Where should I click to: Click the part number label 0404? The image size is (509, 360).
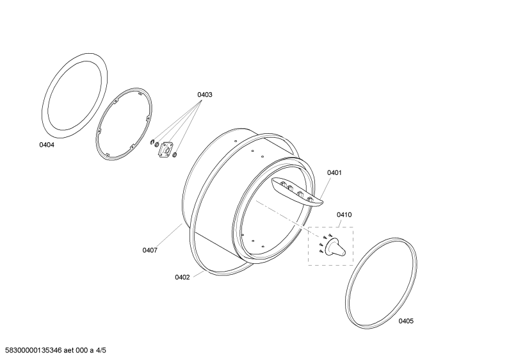point(47,145)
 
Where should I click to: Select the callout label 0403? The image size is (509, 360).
point(205,95)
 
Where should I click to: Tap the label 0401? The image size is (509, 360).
point(334,172)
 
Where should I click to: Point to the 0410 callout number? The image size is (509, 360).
point(344,215)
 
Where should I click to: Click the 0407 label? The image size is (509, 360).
point(150,250)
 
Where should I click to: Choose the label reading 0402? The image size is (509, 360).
point(182,277)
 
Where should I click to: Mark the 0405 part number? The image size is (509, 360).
point(406,321)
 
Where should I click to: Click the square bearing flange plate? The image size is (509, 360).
point(166,149)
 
